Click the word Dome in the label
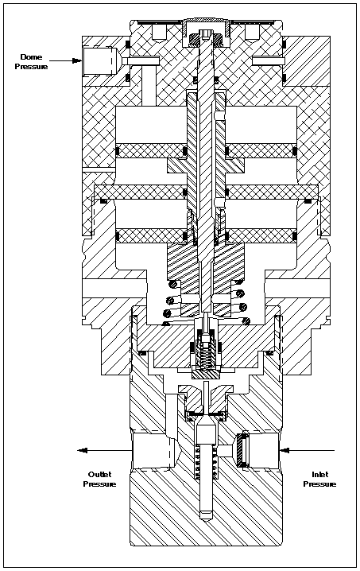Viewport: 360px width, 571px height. point(31,56)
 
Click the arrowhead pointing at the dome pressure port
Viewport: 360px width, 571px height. point(77,60)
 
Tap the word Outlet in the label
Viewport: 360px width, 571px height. point(99,474)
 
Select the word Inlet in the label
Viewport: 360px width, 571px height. point(320,474)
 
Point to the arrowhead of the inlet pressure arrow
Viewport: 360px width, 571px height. point(285,450)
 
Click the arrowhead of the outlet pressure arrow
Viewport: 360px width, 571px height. point(83,450)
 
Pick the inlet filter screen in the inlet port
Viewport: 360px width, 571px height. point(242,450)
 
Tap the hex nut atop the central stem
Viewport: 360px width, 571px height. point(206,37)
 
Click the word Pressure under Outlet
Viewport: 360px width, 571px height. point(99,484)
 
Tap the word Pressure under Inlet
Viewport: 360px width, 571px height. point(320,484)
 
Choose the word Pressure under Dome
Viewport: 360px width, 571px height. point(31,67)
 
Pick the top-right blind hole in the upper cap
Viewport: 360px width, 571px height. point(252,32)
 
